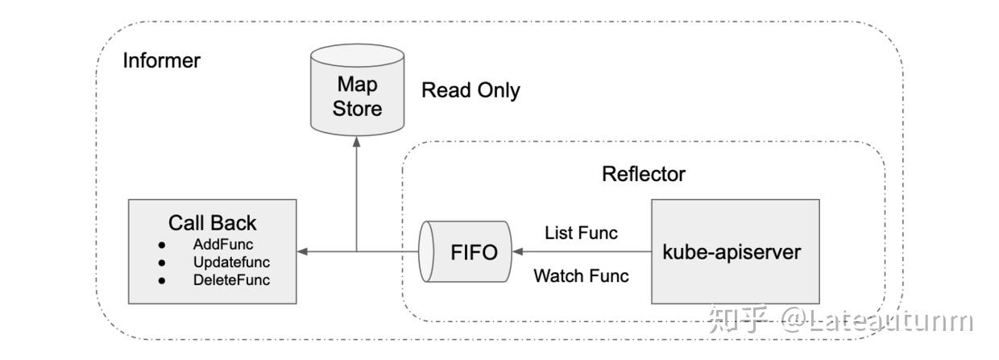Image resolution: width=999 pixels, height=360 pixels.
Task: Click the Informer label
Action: coord(161,60)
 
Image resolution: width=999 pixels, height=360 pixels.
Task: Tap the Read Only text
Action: coord(470,90)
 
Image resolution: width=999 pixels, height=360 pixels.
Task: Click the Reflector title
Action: coord(644,174)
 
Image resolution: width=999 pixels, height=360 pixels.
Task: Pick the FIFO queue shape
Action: coord(465,252)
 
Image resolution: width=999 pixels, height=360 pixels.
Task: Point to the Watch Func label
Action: coord(581,275)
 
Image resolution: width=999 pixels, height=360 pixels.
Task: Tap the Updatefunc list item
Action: coord(231,263)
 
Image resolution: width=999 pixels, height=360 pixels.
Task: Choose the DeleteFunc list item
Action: coord(231,280)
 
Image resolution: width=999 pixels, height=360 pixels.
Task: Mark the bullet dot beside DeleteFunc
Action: coord(162,280)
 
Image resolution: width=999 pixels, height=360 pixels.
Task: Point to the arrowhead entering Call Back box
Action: coord(301,252)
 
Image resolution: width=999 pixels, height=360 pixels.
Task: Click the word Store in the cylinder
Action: coord(357,109)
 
